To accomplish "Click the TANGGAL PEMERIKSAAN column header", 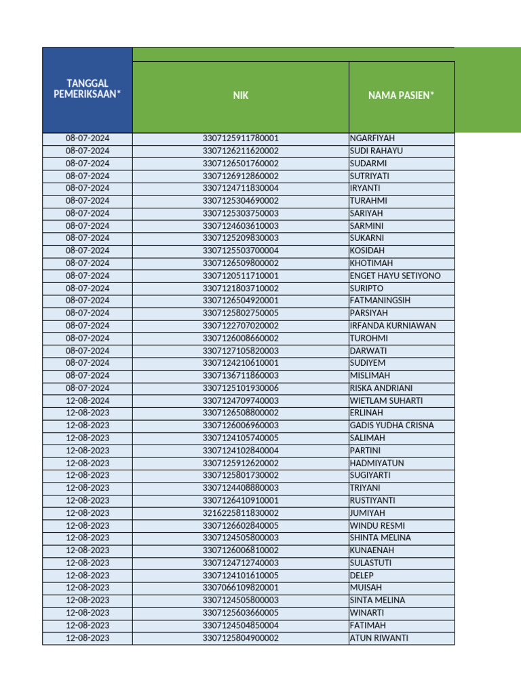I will (87, 89).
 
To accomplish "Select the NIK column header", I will (240, 96).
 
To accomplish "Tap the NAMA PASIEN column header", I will (401, 96).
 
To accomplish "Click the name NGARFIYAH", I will (372, 138).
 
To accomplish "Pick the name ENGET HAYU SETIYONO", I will (395, 276).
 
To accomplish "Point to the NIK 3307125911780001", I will (240, 138).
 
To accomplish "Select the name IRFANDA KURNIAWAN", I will (393, 326).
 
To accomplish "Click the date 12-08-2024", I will (87, 400).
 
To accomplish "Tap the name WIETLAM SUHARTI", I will (386, 400).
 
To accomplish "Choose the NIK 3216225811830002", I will (240, 513).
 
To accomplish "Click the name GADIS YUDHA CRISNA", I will (391, 426).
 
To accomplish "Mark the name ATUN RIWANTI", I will (379, 638).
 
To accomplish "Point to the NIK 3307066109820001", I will (240, 588).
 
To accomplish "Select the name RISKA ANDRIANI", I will (381, 388).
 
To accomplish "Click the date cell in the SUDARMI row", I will (87, 164).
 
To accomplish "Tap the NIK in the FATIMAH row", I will (240, 625).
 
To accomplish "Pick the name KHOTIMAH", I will (371, 263).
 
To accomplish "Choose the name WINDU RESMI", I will (377, 525).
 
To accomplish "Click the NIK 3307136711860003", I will (240, 375).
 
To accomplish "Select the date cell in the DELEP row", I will (87, 576).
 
